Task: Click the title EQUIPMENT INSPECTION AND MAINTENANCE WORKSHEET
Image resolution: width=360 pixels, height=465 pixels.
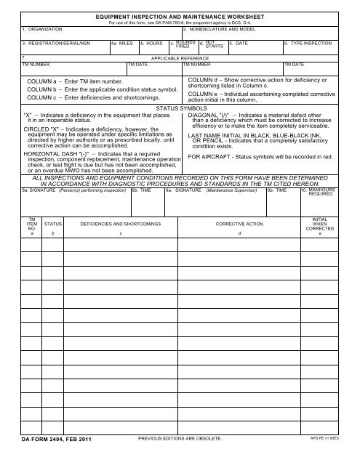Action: click(x=180, y=15)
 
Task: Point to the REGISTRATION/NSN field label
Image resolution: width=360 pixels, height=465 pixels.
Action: click(x=43, y=44)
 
